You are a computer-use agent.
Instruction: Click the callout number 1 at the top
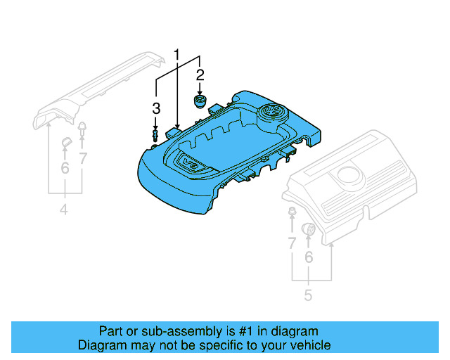click(177, 54)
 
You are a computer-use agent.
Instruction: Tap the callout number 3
click(156, 108)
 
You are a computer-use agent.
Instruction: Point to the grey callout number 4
click(63, 210)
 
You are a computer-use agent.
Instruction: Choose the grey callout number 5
click(308, 295)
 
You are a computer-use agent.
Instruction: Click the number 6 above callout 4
click(65, 168)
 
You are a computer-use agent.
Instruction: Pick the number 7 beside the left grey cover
click(83, 158)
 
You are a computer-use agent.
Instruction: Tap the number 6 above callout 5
click(308, 259)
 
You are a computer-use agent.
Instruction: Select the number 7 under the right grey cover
click(291, 244)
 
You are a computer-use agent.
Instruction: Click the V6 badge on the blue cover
click(191, 163)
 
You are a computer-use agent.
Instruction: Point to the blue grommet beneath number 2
click(200, 103)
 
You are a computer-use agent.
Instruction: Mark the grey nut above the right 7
click(291, 212)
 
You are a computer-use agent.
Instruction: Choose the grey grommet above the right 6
click(307, 229)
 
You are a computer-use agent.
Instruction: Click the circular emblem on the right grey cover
click(349, 175)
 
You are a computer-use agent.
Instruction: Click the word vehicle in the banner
click(309, 345)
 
